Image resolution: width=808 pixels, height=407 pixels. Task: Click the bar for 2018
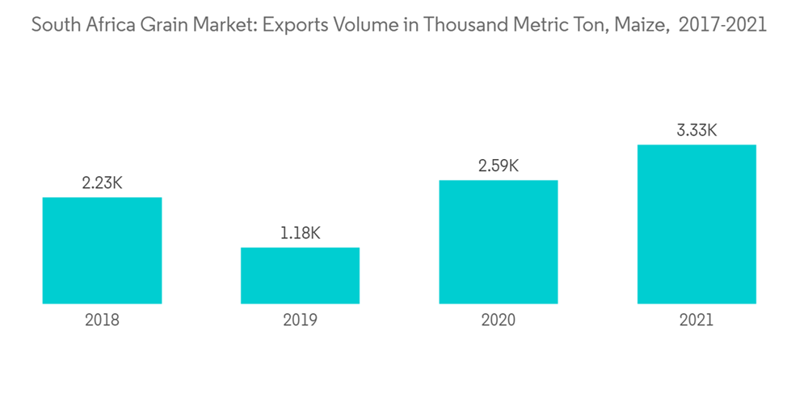pos(102,250)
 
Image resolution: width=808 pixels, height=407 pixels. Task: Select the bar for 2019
pos(300,275)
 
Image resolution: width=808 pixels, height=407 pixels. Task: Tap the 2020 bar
pos(499,241)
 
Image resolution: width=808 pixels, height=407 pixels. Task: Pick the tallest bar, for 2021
pos(696,224)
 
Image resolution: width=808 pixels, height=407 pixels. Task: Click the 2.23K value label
pos(102,183)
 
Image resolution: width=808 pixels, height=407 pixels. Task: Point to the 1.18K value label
pos(300,233)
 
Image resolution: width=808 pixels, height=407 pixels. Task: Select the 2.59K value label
pos(499,166)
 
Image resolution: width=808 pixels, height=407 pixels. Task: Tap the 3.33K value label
pos(696,130)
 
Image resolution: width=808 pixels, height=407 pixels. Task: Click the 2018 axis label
pos(102,320)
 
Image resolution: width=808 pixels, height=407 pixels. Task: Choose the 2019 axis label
pos(300,320)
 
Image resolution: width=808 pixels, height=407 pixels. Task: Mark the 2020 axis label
pos(499,320)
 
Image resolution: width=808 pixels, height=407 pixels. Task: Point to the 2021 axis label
pos(696,320)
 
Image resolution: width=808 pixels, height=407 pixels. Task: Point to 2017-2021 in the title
pos(723,26)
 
